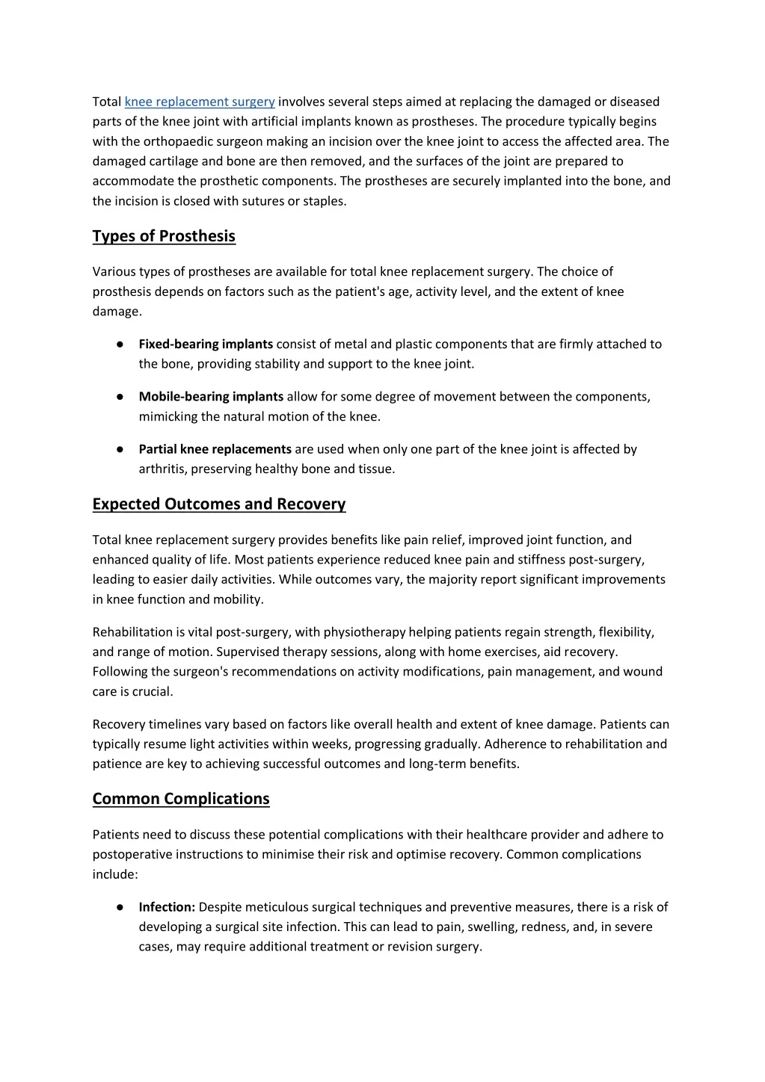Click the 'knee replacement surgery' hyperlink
coord(200,102)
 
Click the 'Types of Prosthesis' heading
coord(164,236)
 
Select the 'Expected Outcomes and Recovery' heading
coord(219,504)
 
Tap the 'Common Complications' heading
coord(181,799)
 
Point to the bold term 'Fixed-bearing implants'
coord(206,344)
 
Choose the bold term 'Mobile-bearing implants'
coord(211,397)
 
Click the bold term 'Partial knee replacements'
coord(215,449)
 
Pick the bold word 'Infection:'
coord(167,907)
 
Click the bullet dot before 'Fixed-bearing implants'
coord(120,344)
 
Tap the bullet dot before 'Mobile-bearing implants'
coord(120,397)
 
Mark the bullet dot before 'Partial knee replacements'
coord(120,449)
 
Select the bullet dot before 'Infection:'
coord(120,907)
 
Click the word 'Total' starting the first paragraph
coord(107,102)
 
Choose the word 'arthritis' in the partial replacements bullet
coord(162,469)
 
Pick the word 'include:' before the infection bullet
coord(115,874)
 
